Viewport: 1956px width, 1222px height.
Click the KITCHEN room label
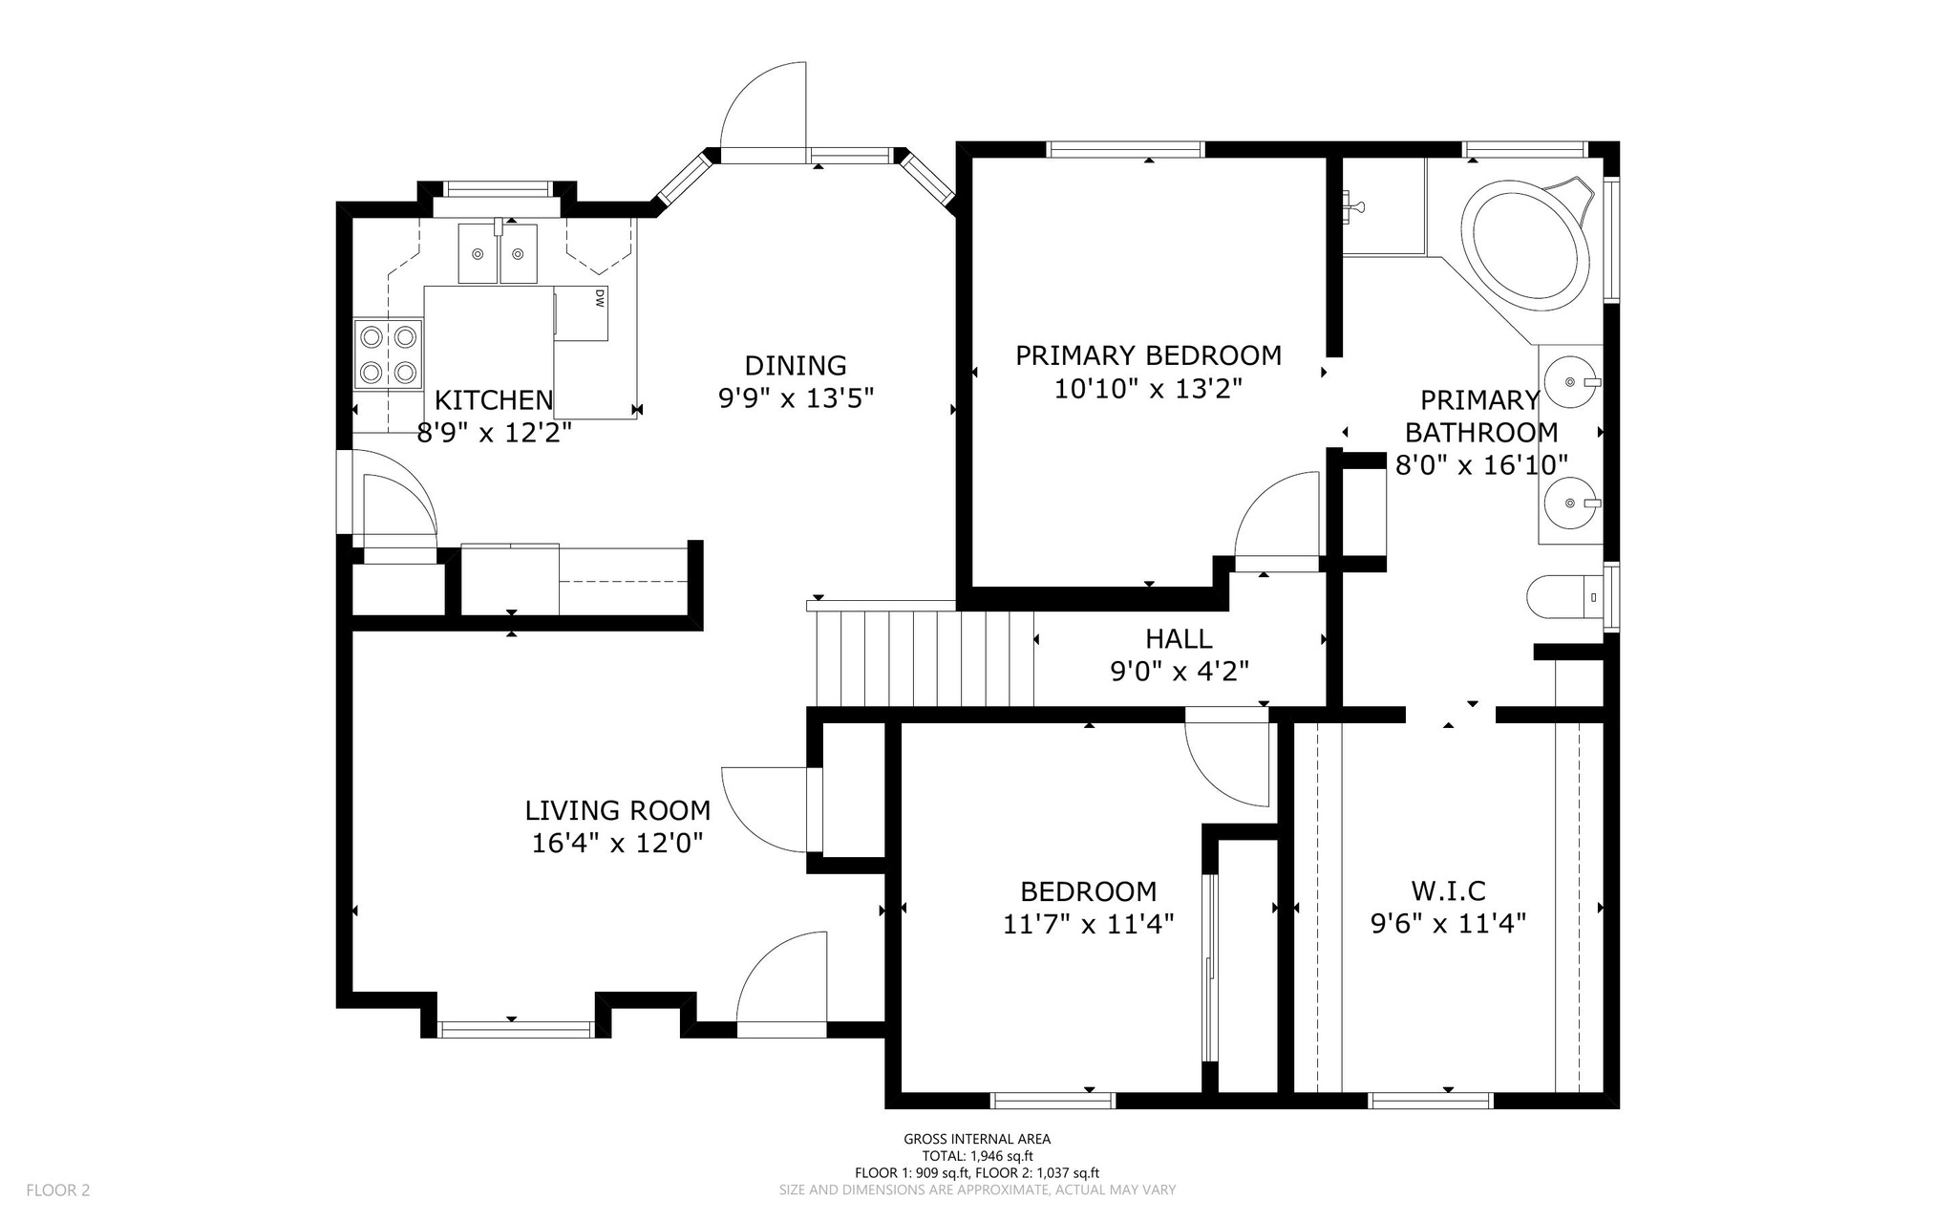click(x=494, y=399)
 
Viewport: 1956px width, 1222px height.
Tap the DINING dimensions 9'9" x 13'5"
click(x=796, y=397)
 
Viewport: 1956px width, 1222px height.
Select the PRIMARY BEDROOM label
click(x=1148, y=355)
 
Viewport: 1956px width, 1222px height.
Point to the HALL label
click(x=1179, y=638)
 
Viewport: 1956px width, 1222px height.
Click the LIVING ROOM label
click(x=617, y=810)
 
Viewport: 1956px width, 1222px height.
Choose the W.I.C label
click(x=1448, y=890)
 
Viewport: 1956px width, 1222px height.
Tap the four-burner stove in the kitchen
click(x=389, y=354)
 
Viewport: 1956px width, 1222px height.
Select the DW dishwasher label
click(x=599, y=298)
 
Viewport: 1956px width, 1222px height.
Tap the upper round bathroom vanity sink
click(x=1571, y=382)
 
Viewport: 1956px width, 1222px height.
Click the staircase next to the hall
click(x=923, y=657)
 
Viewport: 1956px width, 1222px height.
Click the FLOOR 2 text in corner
click(x=57, y=1190)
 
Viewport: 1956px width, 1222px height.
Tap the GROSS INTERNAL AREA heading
click(x=977, y=1139)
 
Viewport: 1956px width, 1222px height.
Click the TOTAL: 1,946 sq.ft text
click(x=977, y=1155)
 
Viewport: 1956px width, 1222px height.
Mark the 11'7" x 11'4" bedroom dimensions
click(x=1088, y=924)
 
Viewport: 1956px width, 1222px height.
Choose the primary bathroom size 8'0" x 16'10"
click(x=1481, y=465)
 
